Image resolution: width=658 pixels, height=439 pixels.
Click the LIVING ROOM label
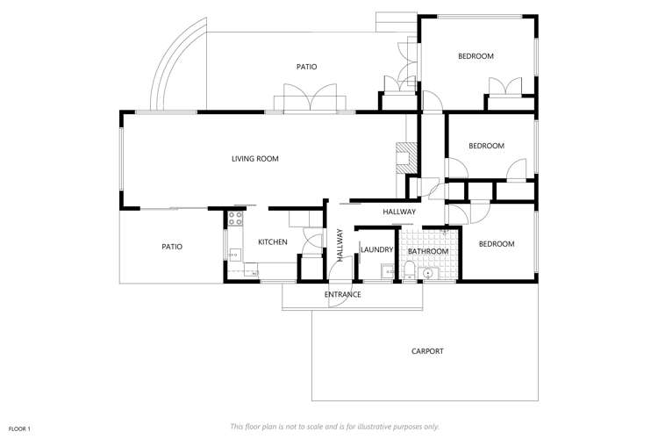(254, 159)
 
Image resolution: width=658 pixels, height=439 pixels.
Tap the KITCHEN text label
(272, 241)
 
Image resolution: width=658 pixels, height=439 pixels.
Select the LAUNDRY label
(376, 250)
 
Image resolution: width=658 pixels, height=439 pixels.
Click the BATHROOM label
(428, 251)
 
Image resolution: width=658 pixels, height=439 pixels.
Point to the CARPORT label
(427, 351)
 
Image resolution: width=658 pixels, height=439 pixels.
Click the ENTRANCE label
(343, 294)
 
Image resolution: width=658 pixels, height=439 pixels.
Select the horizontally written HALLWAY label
(399, 212)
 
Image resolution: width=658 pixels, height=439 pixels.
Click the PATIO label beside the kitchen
(172, 247)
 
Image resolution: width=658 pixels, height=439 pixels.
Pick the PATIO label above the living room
(306, 67)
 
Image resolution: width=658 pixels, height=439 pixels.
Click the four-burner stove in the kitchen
(235, 219)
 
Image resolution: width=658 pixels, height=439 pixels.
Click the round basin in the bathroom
(427, 273)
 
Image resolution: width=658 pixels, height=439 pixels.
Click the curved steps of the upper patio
(175, 66)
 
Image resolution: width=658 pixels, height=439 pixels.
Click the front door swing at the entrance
(309, 241)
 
